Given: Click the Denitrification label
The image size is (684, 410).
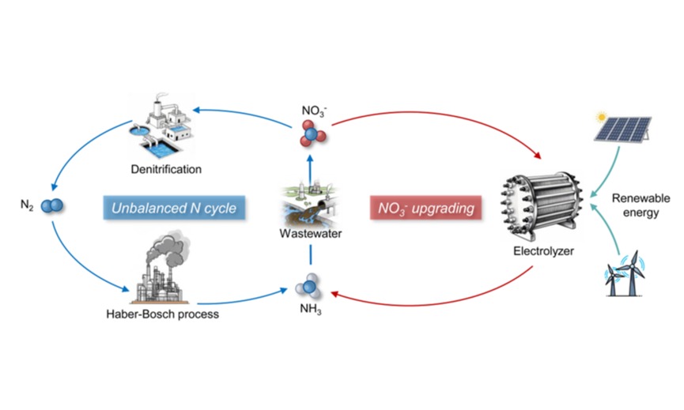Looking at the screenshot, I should [x=168, y=169].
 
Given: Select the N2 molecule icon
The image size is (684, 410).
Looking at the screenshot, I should [x=53, y=207].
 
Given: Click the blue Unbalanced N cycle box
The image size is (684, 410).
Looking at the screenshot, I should [x=173, y=209].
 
